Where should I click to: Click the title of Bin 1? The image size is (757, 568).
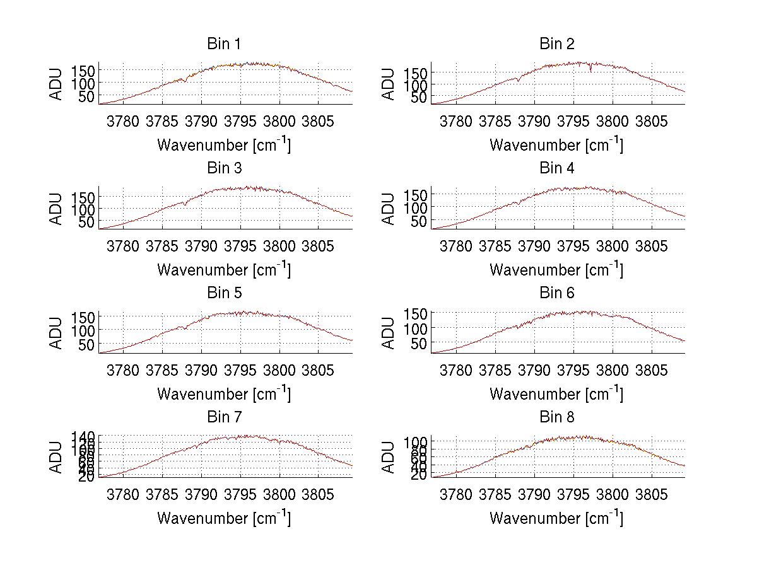click(x=223, y=44)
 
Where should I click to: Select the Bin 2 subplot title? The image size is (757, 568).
click(x=556, y=44)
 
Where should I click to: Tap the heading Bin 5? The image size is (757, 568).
click(x=223, y=293)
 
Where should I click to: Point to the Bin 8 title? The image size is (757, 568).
click(x=556, y=417)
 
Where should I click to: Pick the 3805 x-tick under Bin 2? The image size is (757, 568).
click(x=650, y=121)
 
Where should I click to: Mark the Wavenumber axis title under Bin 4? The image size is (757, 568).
click(x=556, y=270)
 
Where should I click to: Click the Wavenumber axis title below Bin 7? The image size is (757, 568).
click(x=223, y=518)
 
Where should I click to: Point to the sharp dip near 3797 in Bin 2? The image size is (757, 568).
click(x=590, y=71)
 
